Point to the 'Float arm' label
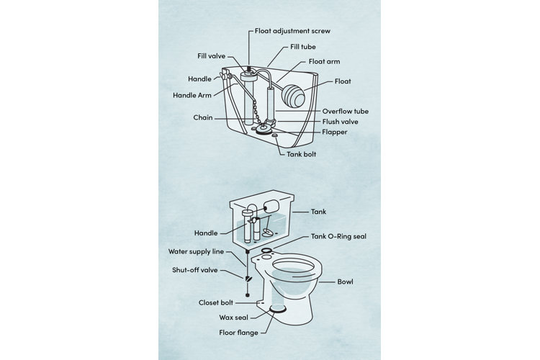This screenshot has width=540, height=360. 325,63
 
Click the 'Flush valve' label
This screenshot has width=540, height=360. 340,122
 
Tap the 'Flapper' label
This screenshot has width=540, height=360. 336,132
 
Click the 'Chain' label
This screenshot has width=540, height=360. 202,117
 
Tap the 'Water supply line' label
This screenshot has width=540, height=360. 197,252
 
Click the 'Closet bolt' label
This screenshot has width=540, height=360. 218,303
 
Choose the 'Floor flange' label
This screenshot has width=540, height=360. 240,333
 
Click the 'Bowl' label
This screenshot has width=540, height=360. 346,281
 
